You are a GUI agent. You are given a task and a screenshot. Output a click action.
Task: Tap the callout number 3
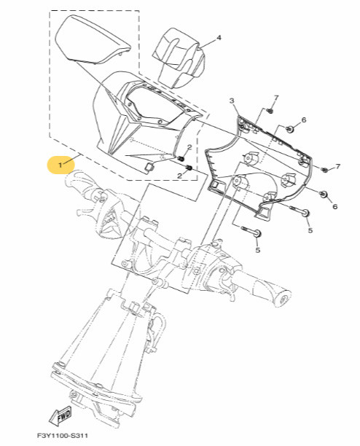click(231, 101)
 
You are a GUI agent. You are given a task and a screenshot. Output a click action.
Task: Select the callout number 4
click(219, 37)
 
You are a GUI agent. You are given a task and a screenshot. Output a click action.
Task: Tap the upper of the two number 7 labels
click(276, 98)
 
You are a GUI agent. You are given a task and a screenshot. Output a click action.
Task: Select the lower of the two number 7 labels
click(337, 167)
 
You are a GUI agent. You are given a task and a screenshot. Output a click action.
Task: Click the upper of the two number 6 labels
click(304, 120)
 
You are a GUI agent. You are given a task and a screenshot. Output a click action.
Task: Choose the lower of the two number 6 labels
click(334, 207)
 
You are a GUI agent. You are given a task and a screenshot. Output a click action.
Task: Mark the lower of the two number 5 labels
click(257, 250)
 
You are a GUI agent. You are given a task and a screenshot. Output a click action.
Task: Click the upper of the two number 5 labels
click(310, 230)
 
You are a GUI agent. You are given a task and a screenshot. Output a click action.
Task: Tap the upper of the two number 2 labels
click(189, 148)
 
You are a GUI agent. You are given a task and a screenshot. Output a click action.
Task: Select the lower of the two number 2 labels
click(179, 176)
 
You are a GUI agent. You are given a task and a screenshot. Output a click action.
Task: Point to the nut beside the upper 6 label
click(289, 129)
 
